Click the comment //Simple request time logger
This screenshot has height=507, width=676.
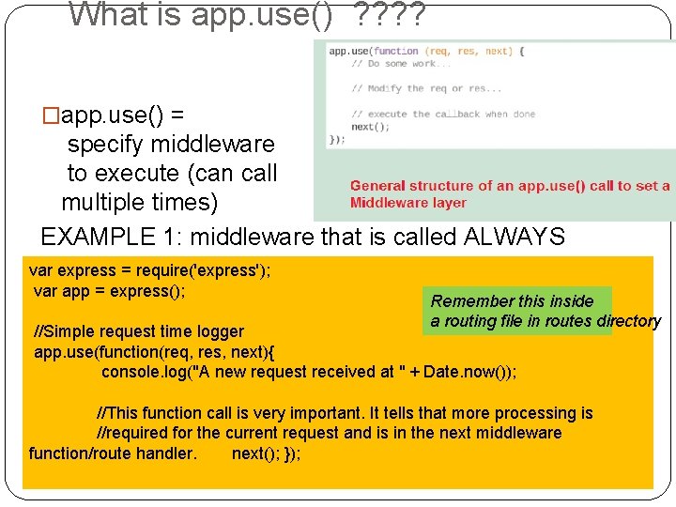(x=139, y=331)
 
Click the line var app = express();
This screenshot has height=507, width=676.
(x=109, y=291)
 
